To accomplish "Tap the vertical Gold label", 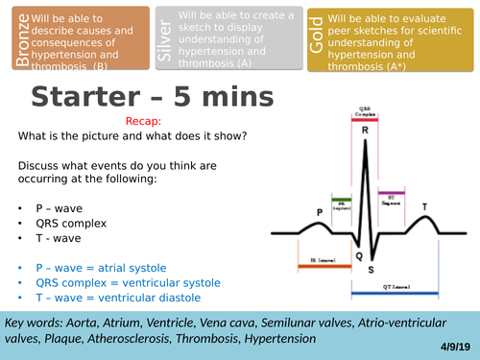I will tap(316, 39).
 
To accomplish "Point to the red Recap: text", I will tap(144, 122).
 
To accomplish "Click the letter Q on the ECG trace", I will tap(356, 229).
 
